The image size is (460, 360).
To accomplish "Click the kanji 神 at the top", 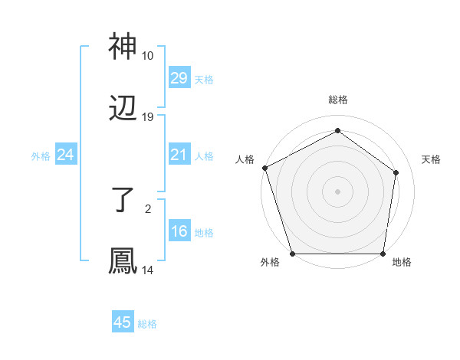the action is click(123, 48).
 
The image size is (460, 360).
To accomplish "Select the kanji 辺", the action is click(123, 110).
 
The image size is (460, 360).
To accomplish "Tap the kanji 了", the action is click(123, 201).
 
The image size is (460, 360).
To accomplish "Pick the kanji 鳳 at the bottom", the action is click(123, 261).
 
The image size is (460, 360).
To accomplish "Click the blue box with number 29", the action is click(179, 78).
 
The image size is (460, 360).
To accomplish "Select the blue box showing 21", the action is click(179, 155).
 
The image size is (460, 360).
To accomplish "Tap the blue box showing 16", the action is click(179, 232).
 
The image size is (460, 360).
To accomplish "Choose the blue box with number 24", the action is click(65, 155).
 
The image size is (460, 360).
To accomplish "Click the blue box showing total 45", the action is click(123, 322).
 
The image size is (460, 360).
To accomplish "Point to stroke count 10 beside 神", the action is click(147, 56).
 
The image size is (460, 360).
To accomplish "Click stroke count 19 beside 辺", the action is click(147, 117).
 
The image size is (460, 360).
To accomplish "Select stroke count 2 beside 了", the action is click(147, 208).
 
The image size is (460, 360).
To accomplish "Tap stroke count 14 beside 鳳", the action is click(147, 270).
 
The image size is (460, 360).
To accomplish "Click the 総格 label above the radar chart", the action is click(337, 100).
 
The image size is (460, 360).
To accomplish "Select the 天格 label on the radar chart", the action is click(431, 159).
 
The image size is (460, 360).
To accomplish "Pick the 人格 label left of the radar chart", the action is click(245, 159).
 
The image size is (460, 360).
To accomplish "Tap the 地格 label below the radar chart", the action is click(402, 263).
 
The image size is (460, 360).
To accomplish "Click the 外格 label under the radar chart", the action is click(270, 263).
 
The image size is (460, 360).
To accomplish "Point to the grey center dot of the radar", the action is click(337, 191).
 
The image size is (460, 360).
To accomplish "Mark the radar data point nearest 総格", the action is click(337, 130).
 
